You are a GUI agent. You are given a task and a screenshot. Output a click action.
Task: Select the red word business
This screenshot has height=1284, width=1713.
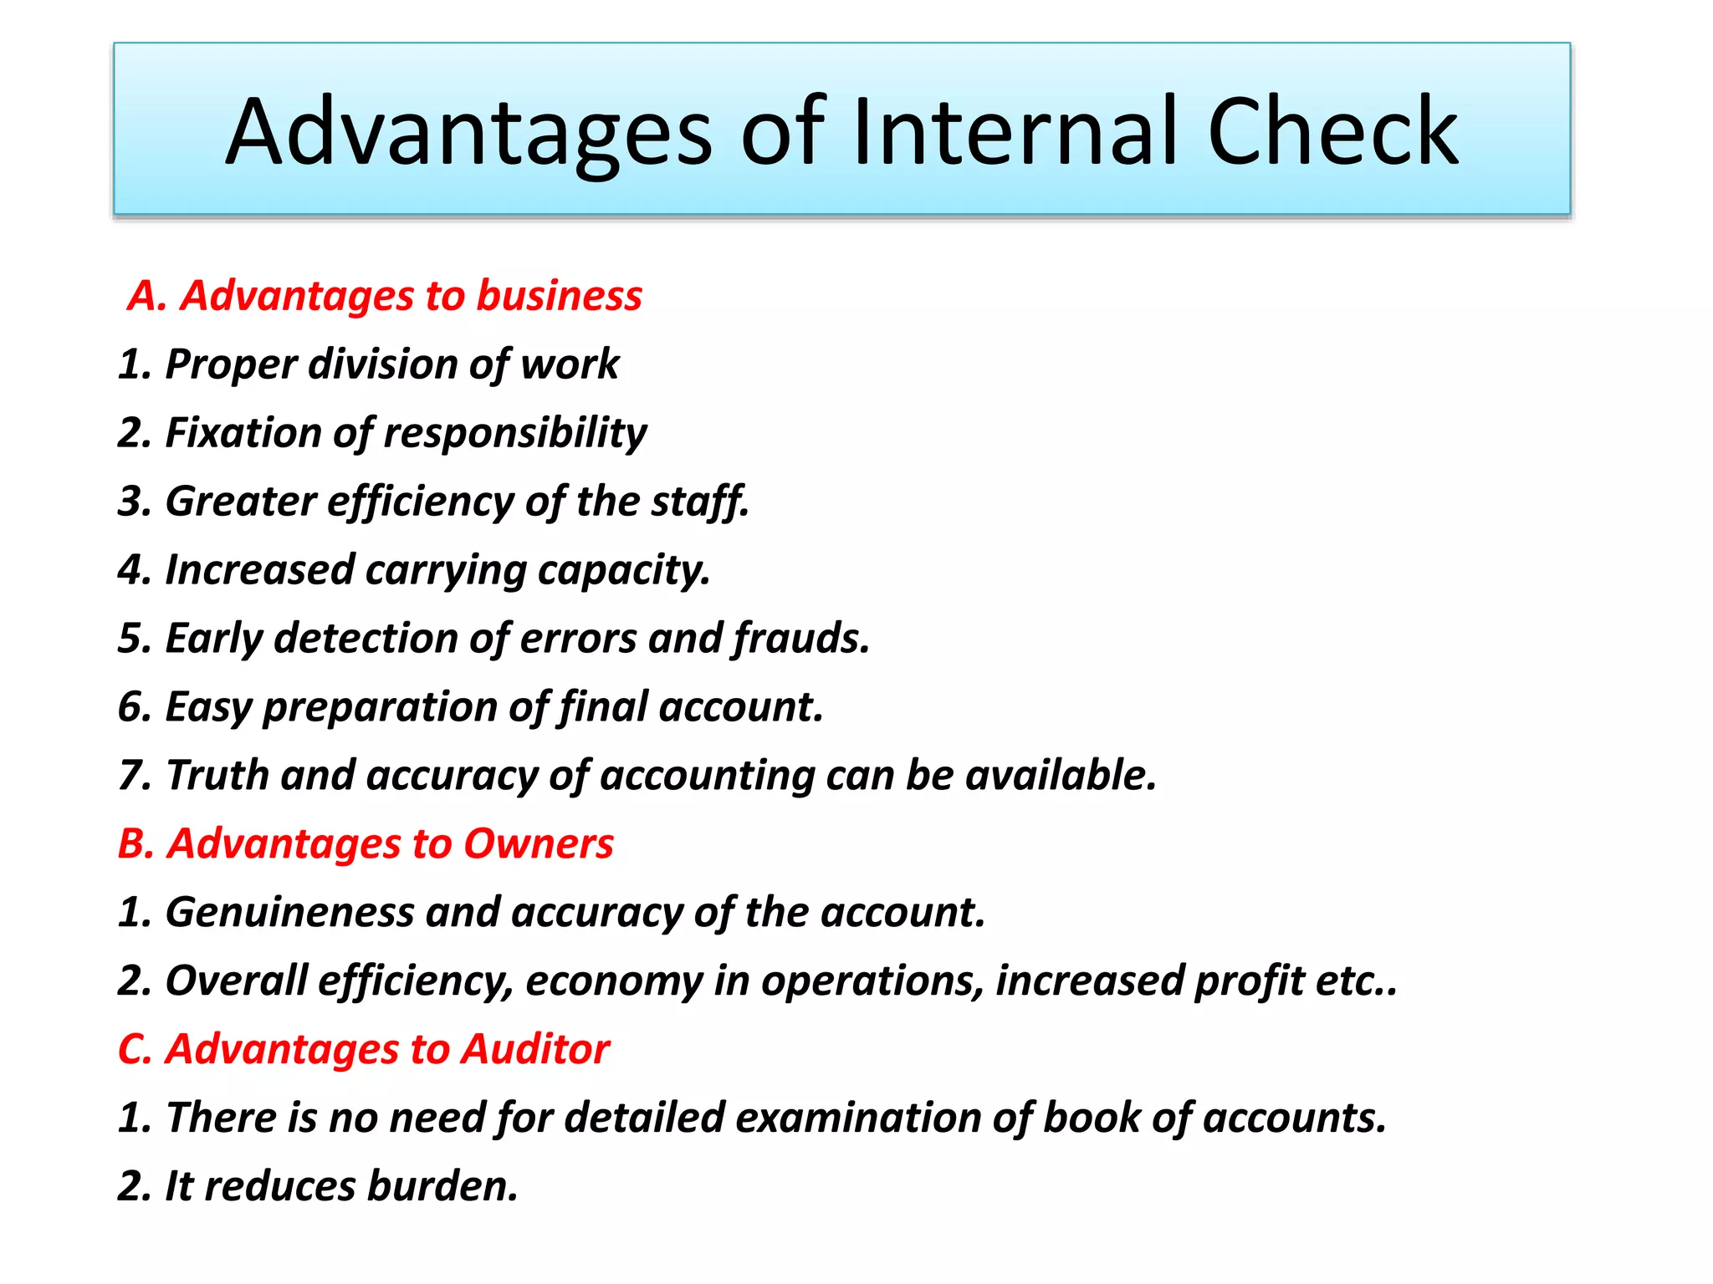(x=559, y=296)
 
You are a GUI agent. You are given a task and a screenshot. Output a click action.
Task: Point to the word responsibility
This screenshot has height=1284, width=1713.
(x=514, y=434)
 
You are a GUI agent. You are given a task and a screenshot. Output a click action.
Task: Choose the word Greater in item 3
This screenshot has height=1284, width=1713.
(x=241, y=502)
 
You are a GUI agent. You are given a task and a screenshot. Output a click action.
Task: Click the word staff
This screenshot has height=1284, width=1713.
(x=699, y=502)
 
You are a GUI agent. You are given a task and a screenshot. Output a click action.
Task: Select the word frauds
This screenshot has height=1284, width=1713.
(x=801, y=639)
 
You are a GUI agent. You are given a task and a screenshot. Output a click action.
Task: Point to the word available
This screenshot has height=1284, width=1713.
(x=1061, y=776)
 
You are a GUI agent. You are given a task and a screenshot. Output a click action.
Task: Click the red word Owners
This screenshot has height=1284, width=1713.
(x=538, y=844)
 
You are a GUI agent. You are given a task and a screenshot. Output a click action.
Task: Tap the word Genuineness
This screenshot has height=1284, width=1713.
(x=289, y=913)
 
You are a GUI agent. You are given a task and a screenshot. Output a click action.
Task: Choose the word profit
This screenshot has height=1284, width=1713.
(x=1250, y=981)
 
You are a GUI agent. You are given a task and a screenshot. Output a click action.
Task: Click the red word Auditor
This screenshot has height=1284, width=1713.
(x=534, y=1050)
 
